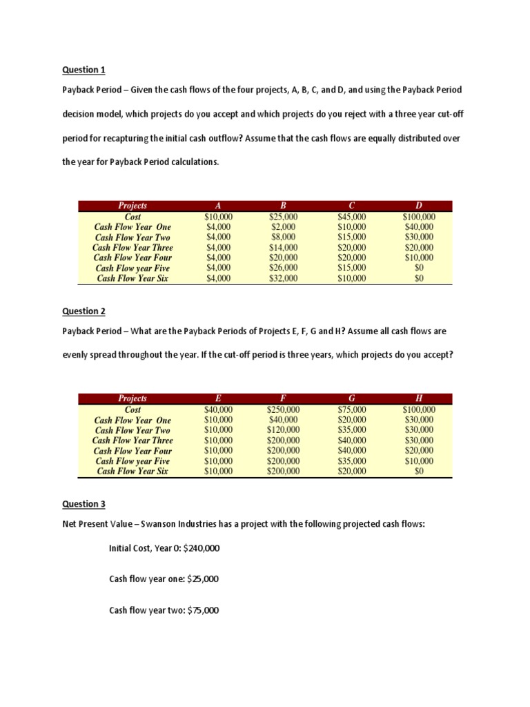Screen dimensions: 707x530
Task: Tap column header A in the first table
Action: (218, 206)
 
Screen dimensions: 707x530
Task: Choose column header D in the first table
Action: (418, 206)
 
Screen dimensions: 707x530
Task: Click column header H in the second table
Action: (418, 398)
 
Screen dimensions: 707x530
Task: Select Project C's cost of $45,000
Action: (351, 216)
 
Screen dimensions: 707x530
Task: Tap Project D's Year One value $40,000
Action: (418, 226)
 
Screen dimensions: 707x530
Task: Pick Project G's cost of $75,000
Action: (351, 409)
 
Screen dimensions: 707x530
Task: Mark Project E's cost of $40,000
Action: (218, 409)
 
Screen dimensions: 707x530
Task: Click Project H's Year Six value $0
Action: (418, 472)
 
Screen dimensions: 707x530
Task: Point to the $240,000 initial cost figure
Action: (201, 548)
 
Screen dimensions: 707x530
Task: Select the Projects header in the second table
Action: (132, 398)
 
